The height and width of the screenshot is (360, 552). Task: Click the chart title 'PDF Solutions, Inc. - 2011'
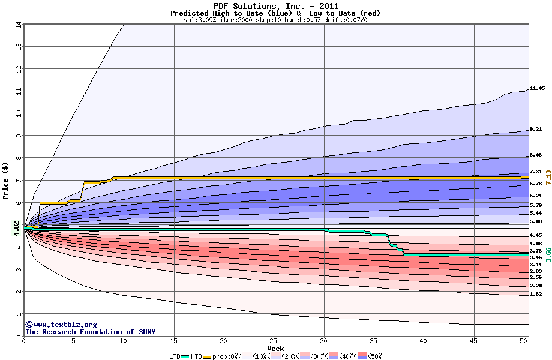[x=275, y=5]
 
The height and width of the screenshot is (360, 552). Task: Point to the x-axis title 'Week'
[x=275, y=348]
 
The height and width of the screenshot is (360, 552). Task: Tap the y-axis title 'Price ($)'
[x=6, y=181]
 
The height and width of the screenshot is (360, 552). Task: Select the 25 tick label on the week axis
[x=274, y=341]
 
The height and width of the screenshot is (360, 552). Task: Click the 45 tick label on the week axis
[x=474, y=341]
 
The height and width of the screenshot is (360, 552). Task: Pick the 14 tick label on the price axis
[x=18, y=25]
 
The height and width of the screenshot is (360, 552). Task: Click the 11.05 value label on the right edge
[x=537, y=89]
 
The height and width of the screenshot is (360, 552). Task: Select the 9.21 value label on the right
[x=536, y=130]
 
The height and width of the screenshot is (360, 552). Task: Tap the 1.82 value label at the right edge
[x=536, y=294]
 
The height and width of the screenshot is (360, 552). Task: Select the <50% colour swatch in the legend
[x=362, y=356]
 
